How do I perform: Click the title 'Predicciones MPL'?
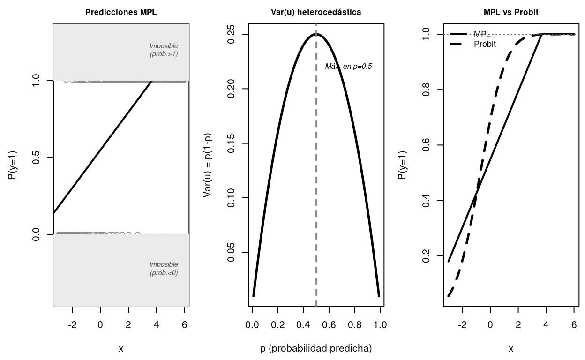tap(121, 13)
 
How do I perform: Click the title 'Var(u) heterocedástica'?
tap(316, 13)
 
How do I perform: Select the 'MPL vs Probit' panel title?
tap(511, 13)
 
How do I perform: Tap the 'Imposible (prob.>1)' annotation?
tap(164, 50)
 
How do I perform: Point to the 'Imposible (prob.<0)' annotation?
tap(164, 269)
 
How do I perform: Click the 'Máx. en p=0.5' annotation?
tap(349, 67)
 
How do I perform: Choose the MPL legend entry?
tap(482, 34)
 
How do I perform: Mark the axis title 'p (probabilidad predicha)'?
tap(316, 348)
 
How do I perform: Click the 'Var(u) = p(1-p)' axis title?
tap(207, 165)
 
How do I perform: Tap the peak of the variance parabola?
tap(316, 34)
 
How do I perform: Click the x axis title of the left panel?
tap(121, 348)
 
